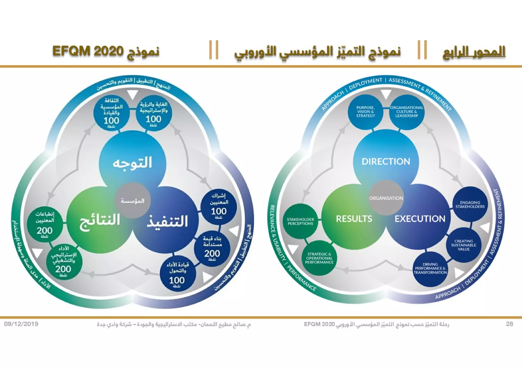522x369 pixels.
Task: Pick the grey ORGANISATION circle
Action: coord(386,198)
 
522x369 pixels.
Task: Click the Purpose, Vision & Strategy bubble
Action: coord(366,112)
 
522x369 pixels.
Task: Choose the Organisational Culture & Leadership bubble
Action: coord(407,112)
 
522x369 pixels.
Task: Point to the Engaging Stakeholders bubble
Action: coord(470,205)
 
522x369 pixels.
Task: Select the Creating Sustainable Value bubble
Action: coord(464,245)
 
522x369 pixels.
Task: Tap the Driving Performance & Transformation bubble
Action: coord(430,269)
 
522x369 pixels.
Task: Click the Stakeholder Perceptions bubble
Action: coord(300,221)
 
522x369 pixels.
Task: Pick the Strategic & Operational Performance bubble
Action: coord(319,258)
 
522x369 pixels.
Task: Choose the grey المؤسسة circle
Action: coord(133,201)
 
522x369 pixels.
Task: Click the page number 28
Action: coord(509,324)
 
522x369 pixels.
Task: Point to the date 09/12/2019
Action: coord(21,324)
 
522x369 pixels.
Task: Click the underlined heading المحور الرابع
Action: coord(474,52)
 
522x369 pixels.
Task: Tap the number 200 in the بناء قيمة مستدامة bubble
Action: coord(212,253)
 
